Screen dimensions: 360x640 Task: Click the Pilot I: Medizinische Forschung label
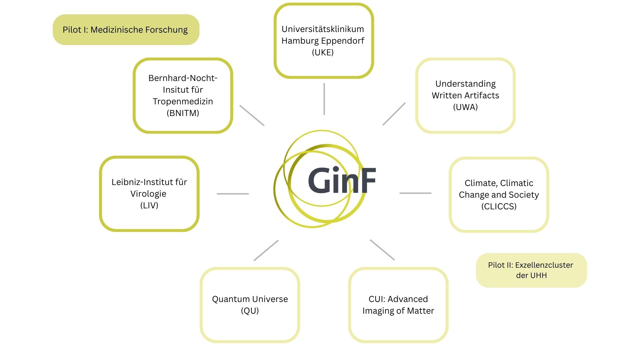(126, 30)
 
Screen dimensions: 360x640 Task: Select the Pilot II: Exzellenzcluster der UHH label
(531, 270)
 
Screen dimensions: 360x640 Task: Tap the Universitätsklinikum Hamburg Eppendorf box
(323, 41)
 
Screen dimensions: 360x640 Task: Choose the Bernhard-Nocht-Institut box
(183, 95)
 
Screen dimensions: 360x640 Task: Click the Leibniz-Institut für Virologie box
(149, 194)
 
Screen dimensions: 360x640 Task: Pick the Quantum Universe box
(250, 305)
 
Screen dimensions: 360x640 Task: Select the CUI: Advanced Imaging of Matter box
(398, 305)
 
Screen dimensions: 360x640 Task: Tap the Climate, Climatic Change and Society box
(499, 195)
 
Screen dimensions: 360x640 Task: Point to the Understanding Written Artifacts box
(465, 95)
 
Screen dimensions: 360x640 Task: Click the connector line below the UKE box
(324, 99)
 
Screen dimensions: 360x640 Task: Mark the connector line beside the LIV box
(233, 194)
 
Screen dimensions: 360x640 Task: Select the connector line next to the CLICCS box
(415, 193)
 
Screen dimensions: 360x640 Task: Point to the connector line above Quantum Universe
(266, 250)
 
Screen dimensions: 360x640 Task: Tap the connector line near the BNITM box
(252, 115)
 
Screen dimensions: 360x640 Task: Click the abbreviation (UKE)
(323, 52)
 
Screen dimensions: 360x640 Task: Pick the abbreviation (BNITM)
(183, 113)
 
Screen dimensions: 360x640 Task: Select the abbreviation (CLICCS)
(499, 206)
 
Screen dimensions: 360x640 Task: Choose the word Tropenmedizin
(183, 101)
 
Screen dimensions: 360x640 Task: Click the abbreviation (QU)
(250, 311)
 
